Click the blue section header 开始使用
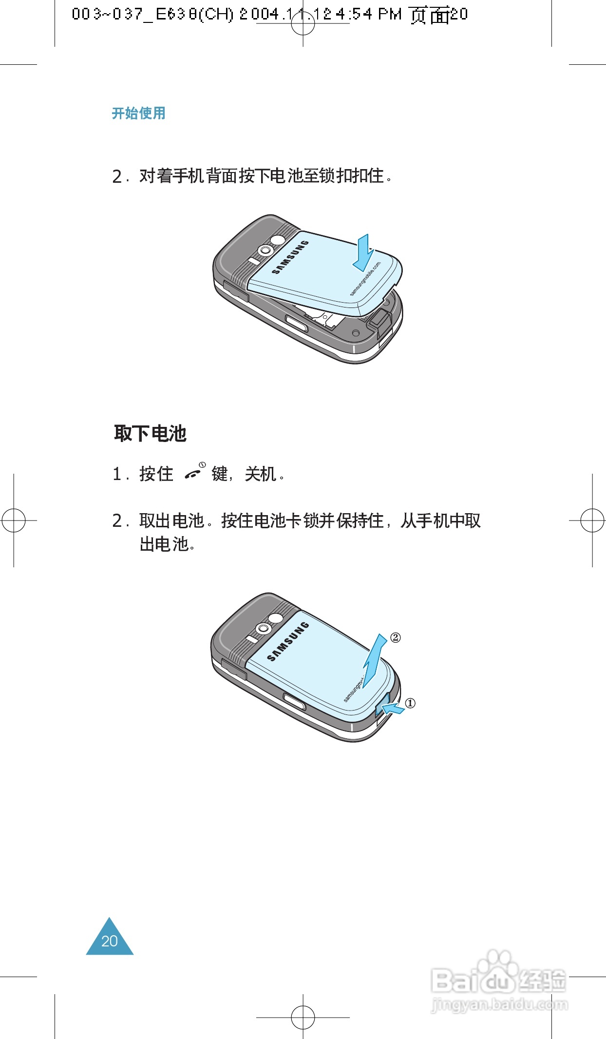click(x=139, y=113)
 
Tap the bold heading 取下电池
click(x=150, y=433)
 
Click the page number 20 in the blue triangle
click(x=110, y=941)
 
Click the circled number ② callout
click(x=396, y=637)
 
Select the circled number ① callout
click(x=411, y=703)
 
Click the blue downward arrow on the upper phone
click(x=363, y=252)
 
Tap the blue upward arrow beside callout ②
click(x=375, y=658)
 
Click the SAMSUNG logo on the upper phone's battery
click(x=290, y=257)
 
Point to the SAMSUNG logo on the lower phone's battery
click(x=288, y=641)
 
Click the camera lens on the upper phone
click(x=265, y=250)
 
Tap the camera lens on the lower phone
click(x=264, y=629)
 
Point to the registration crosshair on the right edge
click(x=592, y=520)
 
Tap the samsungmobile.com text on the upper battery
click(x=365, y=279)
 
